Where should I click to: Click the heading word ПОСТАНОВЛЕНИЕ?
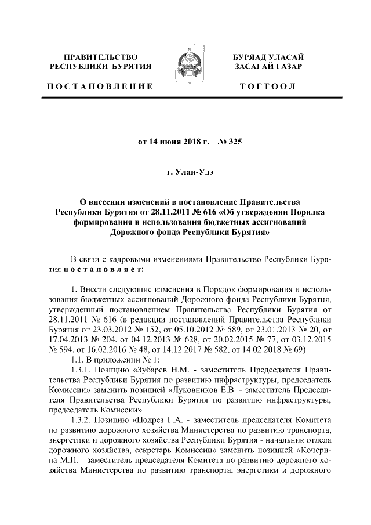point(100,86)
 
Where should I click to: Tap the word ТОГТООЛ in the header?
point(270,86)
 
